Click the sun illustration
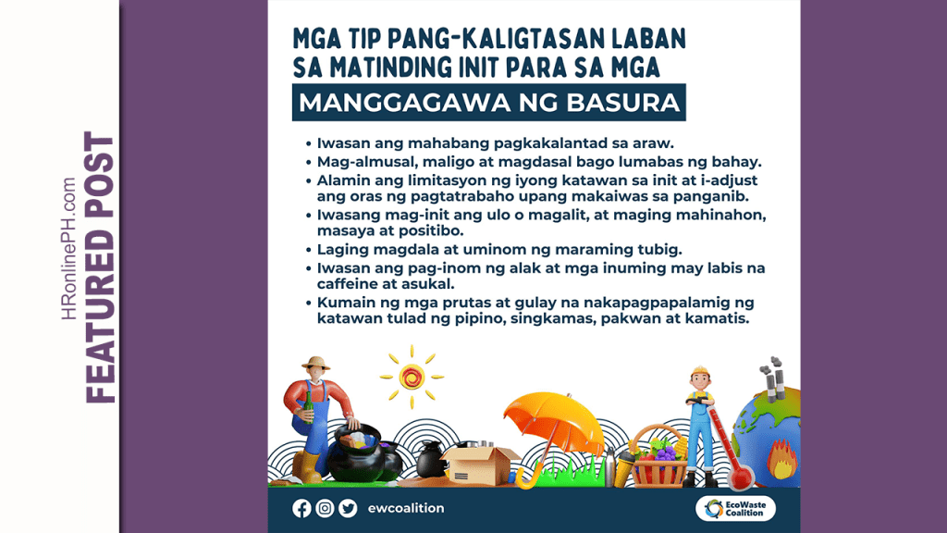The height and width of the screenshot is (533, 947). pyautogui.click(x=412, y=377)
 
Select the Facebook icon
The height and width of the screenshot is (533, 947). pyautogui.click(x=301, y=508)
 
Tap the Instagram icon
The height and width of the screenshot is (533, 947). pyautogui.click(x=325, y=508)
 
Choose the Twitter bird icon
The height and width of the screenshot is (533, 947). pyautogui.click(x=348, y=508)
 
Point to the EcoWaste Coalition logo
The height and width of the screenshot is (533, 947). pyautogui.click(x=735, y=508)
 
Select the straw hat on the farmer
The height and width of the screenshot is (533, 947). pyautogui.click(x=315, y=364)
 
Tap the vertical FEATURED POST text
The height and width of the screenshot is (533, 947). pyautogui.click(x=100, y=266)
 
